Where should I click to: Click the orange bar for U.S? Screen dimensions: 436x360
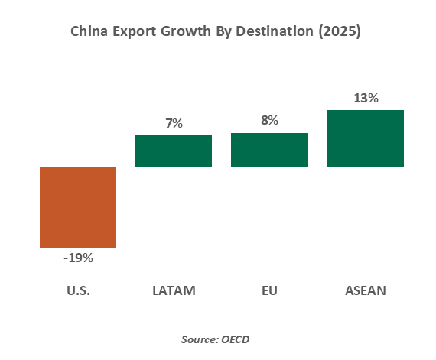point(78,207)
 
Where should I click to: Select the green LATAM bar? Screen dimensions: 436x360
point(174,151)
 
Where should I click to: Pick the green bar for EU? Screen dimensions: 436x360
point(269,150)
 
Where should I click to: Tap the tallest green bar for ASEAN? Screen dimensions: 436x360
point(366,138)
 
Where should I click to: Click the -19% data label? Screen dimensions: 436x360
point(79,258)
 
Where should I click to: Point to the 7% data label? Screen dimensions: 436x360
point(174,123)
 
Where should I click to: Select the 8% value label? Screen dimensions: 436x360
point(269,120)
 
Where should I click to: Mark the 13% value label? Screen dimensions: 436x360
point(366,98)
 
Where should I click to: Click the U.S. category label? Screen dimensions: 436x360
point(79,290)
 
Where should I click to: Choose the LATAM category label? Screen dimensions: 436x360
point(174,290)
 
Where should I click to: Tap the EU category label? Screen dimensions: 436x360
point(269,290)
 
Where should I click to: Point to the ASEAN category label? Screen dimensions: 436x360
point(366,290)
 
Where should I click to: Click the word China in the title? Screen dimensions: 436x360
point(89,31)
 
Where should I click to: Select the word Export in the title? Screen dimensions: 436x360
point(135,31)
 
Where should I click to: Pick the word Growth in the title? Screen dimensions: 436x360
point(186,31)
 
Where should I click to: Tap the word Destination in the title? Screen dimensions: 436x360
point(275,31)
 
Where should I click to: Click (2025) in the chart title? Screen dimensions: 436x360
point(340,31)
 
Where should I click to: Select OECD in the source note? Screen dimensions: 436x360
point(236,339)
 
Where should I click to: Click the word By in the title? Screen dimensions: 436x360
point(223,32)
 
